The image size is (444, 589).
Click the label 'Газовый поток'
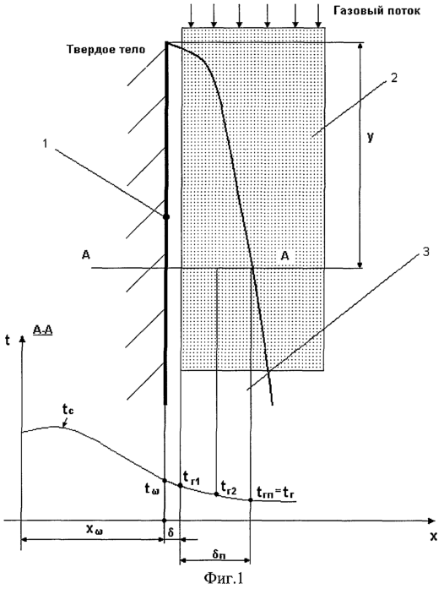tap(376, 11)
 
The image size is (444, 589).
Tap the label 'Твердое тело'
tap(106, 50)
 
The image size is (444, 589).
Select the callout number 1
tap(46, 144)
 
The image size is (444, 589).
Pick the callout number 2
tap(393, 78)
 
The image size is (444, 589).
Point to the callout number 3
tap(425, 252)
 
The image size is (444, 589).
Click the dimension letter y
tap(371, 138)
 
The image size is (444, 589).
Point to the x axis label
tap(434, 537)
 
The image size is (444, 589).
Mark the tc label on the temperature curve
tap(68, 411)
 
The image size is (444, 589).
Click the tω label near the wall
tap(153, 488)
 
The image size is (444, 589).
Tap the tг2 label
tap(229, 488)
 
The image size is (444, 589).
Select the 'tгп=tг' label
tap(275, 492)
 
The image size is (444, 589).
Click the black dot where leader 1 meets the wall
tap(166, 216)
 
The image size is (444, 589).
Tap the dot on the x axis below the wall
tap(164, 521)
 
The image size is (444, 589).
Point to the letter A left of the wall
tap(86, 255)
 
